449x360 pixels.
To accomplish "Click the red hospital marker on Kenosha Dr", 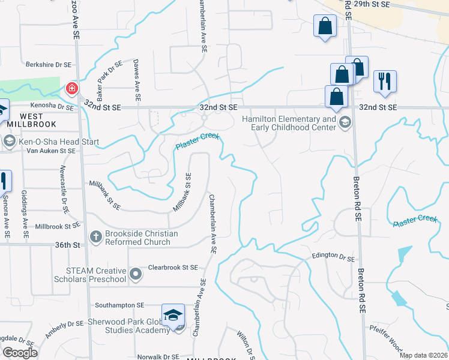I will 72,89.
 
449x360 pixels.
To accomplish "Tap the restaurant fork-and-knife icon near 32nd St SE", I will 385,80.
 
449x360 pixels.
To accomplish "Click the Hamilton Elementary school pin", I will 345,124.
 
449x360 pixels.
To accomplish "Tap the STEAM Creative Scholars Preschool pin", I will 136,275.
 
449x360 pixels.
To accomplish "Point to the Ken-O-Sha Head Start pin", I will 9,142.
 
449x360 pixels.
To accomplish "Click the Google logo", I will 20,353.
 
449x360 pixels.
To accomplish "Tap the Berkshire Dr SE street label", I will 49,64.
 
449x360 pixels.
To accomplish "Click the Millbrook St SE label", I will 58,226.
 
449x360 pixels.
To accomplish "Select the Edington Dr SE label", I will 333,256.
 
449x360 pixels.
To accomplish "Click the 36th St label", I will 68,245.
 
